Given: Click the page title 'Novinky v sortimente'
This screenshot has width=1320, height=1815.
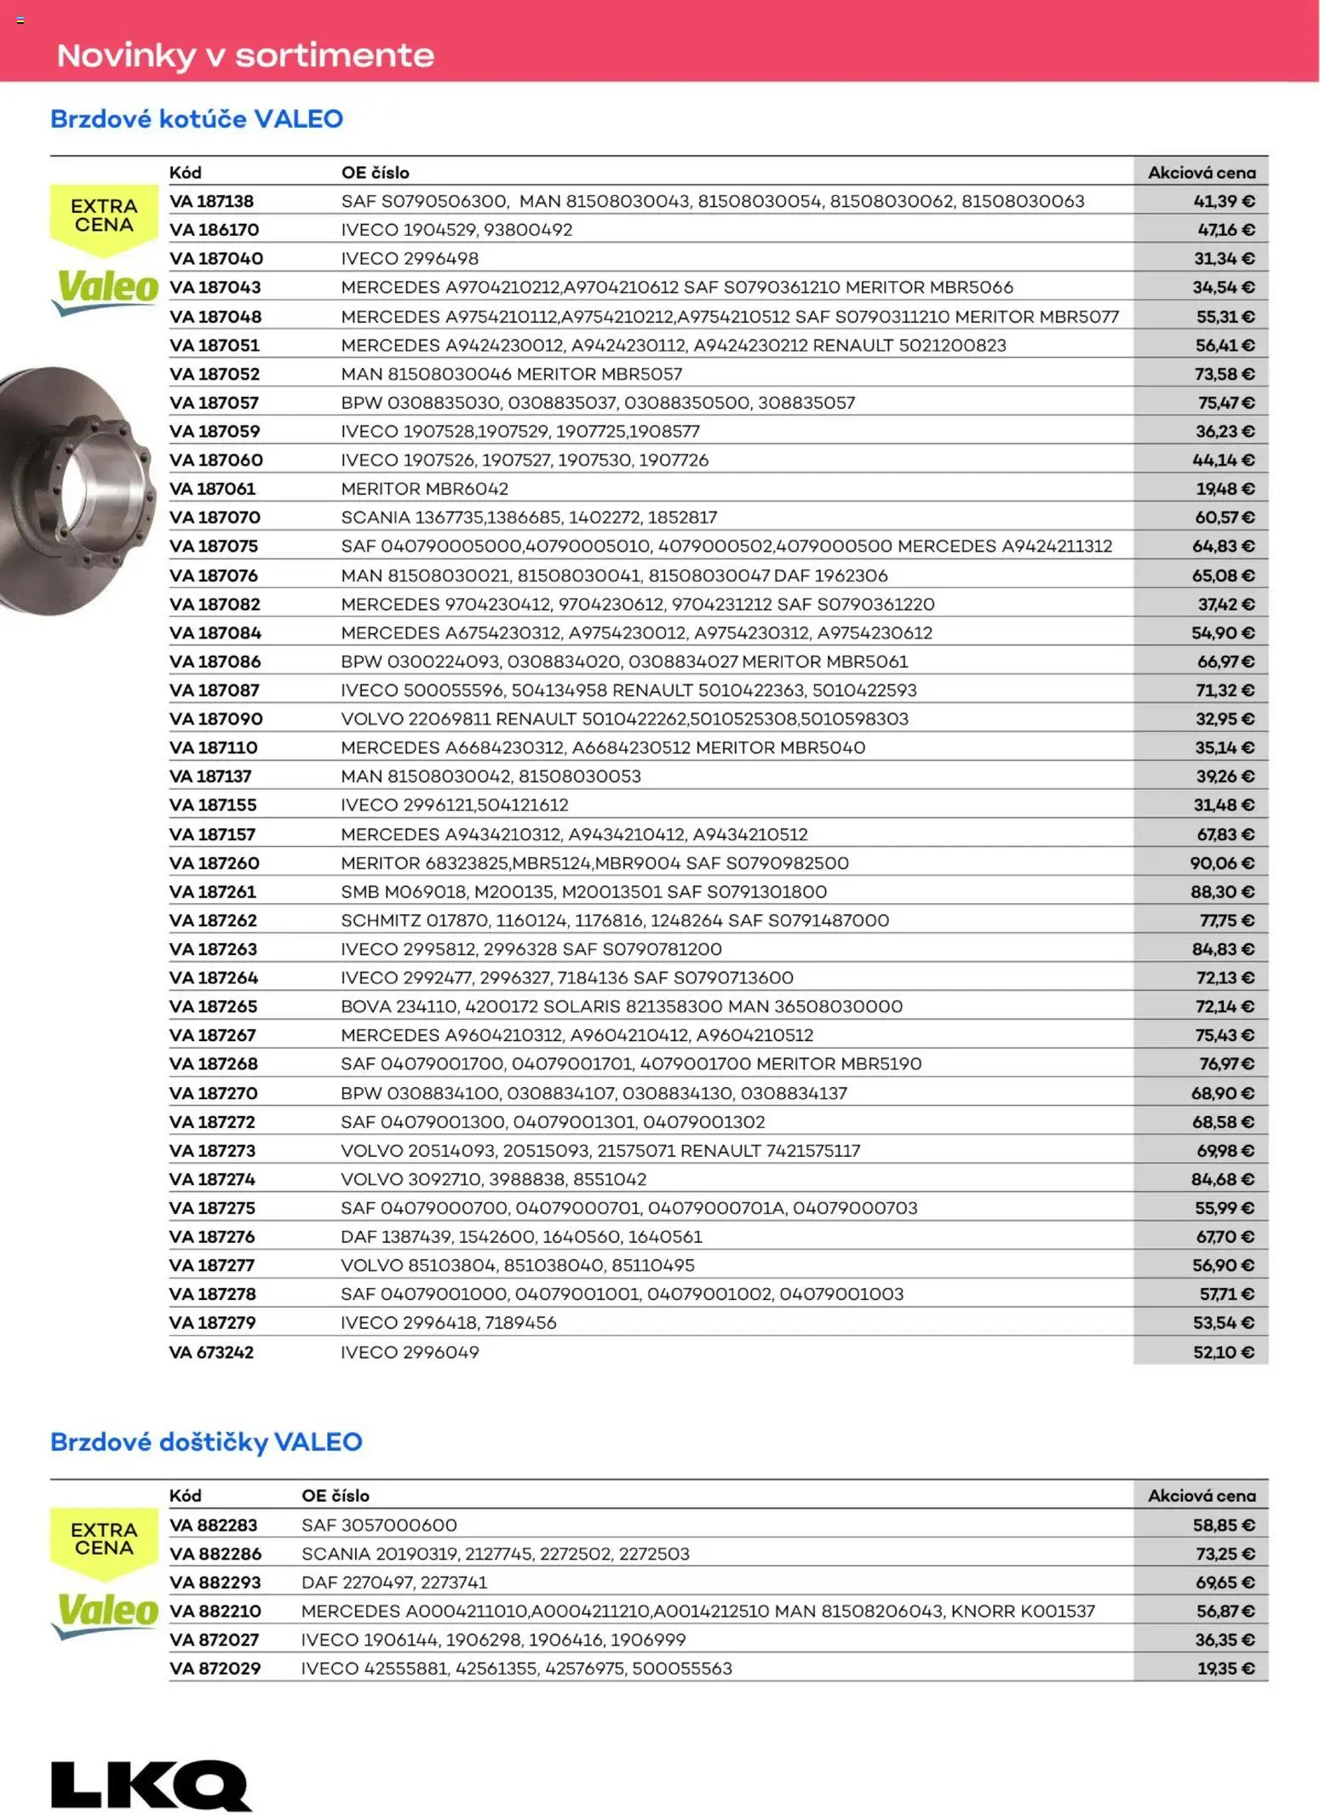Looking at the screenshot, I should (245, 55).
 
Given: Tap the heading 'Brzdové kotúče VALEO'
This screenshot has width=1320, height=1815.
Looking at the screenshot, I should (197, 118).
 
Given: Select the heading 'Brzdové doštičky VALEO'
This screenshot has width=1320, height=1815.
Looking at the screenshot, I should (206, 1441).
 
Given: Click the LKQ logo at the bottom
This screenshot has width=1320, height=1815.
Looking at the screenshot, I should (152, 1784).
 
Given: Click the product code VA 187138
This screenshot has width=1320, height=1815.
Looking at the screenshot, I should (211, 201).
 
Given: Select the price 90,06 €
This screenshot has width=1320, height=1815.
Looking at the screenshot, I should (1222, 862).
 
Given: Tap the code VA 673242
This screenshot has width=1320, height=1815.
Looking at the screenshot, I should (211, 1352).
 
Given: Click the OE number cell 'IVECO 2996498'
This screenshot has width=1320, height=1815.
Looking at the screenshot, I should (410, 258).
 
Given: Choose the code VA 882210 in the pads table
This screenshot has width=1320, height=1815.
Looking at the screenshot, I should (215, 1611).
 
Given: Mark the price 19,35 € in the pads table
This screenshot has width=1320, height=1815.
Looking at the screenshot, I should (1225, 1668).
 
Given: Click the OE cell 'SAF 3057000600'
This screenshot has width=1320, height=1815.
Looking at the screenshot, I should (379, 1525).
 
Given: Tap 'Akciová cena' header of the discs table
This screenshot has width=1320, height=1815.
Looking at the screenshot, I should (1201, 172).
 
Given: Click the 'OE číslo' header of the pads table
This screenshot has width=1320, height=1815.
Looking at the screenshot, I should (336, 1496).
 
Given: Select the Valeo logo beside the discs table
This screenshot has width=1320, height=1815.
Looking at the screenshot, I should (106, 289).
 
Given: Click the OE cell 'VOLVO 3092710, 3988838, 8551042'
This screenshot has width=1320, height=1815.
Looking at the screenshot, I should (493, 1179).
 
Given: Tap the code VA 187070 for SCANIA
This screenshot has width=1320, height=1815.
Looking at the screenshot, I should (215, 517).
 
